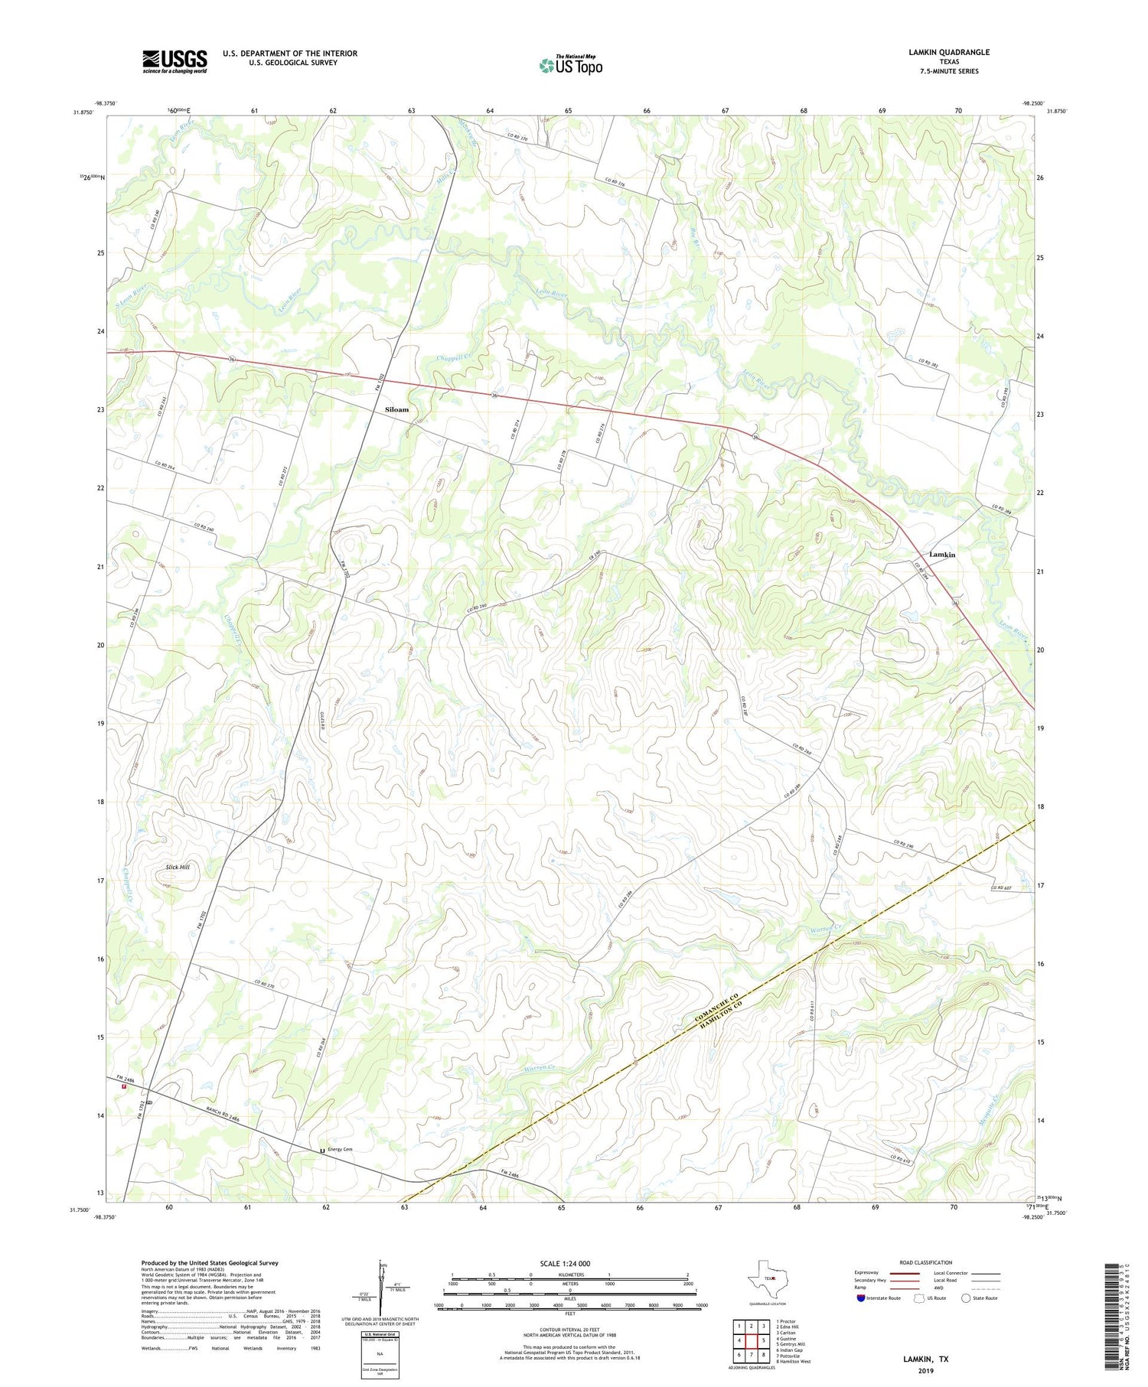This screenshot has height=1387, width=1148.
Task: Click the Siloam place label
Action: (396, 409)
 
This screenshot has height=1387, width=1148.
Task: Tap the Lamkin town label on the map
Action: (942, 554)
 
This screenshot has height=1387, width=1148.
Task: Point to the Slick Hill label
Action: (178, 867)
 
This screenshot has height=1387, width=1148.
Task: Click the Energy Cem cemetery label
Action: (340, 1150)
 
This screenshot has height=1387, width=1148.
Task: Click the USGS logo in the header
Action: (174, 61)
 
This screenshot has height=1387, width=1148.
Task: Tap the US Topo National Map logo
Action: (571, 65)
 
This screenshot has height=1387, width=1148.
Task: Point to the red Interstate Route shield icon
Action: (860, 1297)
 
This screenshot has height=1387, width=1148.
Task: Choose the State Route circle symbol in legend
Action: (966, 1297)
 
